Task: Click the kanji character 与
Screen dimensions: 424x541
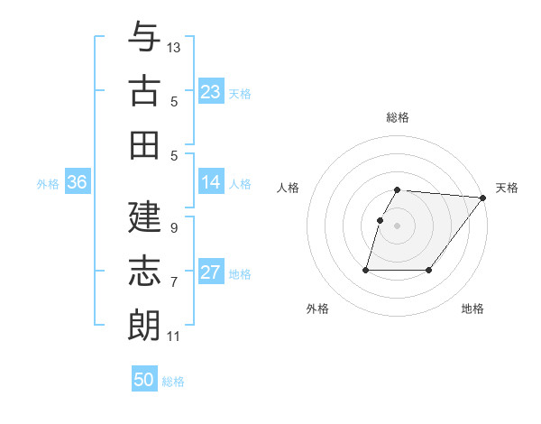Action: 144,38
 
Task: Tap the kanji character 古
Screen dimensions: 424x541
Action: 144,91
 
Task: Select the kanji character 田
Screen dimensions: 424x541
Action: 144,144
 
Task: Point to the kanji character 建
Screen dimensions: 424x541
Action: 144,217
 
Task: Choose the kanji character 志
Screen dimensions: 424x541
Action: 144,272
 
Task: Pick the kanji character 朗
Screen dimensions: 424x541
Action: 144,326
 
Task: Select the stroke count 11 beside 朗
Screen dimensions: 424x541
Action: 173,336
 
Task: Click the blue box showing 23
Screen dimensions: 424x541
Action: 211,91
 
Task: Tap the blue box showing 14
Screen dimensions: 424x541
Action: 211,182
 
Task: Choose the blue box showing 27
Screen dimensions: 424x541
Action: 211,272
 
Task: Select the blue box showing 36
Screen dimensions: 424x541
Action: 78,182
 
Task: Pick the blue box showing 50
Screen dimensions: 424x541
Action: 144,380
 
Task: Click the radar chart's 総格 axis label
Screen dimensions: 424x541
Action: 398,117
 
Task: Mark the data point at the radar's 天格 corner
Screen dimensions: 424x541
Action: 483,198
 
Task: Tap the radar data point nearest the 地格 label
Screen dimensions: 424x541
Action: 430,270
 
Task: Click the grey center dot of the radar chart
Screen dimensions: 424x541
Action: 398,226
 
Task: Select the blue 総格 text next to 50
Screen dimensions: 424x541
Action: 173,382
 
